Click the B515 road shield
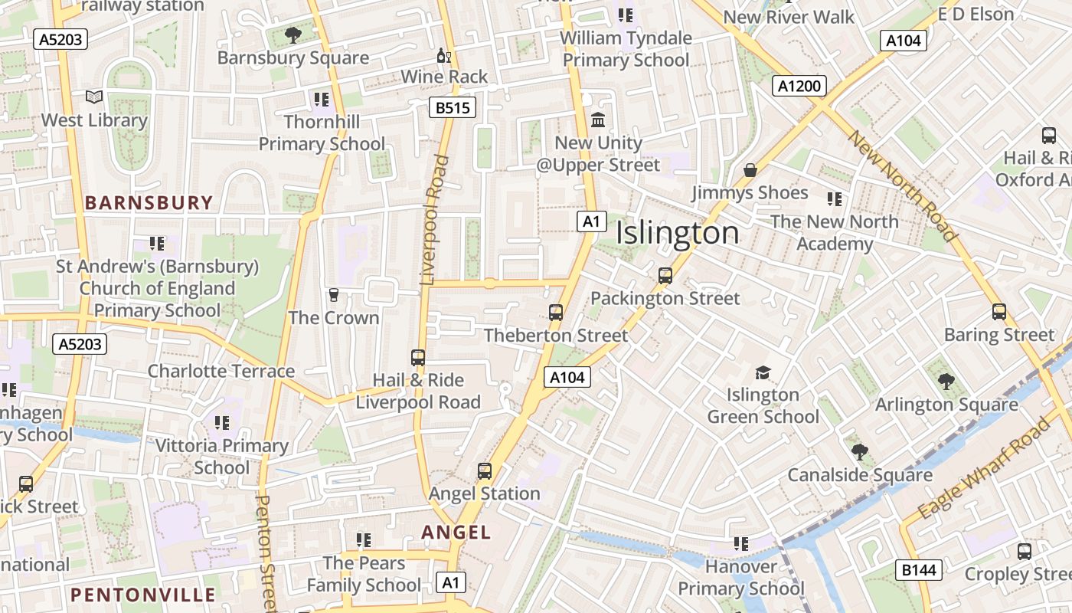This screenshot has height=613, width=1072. pyautogui.click(x=452, y=108)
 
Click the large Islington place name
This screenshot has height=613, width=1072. pyautogui.click(x=678, y=234)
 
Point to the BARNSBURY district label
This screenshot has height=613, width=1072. pyautogui.click(x=149, y=203)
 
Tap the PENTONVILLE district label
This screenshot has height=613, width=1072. pyautogui.click(x=143, y=595)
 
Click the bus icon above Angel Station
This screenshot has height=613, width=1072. pyautogui.click(x=485, y=471)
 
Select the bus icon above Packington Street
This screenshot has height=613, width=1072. pyautogui.click(x=665, y=276)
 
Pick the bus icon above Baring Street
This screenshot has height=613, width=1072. pyautogui.click(x=999, y=312)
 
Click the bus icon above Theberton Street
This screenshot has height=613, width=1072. pyautogui.click(x=556, y=313)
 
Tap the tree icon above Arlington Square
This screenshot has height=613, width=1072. pyautogui.click(x=946, y=381)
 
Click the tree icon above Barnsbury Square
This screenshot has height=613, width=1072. pyautogui.click(x=293, y=34)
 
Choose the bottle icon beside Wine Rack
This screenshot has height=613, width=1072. pyautogui.click(x=443, y=55)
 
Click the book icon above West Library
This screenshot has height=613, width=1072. pyautogui.click(x=94, y=97)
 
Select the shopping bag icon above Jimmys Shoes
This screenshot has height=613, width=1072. pyautogui.click(x=750, y=169)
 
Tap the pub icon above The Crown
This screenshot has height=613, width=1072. pyautogui.click(x=333, y=295)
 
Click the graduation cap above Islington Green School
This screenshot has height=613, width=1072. pyautogui.click(x=763, y=372)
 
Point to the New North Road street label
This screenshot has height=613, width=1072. pyautogui.click(x=903, y=186)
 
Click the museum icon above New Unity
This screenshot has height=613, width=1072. pyautogui.click(x=598, y=120)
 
